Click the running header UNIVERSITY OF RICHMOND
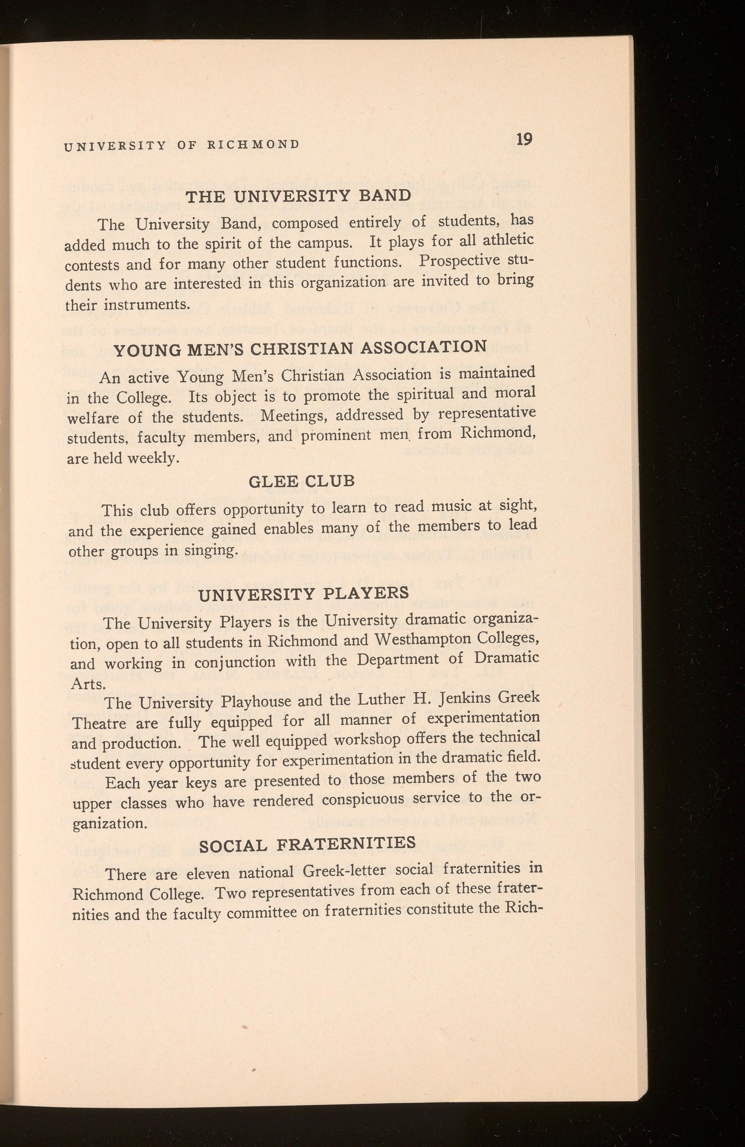pos(181,145)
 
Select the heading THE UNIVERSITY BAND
pos(299,196)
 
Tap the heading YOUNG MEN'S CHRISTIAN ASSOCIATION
pos(301,348)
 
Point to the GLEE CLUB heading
pos(301,481)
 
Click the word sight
pos(516,505)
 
